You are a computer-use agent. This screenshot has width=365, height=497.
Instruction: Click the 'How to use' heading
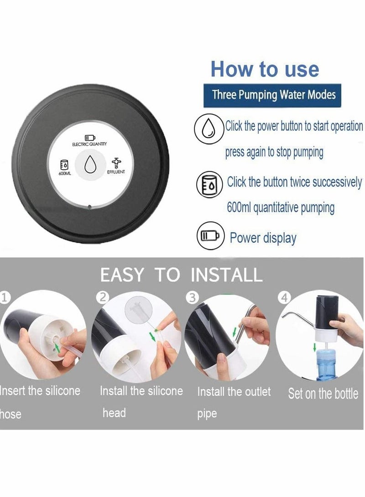[265, 69]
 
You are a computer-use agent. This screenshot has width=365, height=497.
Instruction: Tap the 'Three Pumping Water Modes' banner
[274, 95]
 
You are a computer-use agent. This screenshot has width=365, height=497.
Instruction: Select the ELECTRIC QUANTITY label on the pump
[89, 144]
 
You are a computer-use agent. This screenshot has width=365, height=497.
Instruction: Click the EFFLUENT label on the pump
[116, 172]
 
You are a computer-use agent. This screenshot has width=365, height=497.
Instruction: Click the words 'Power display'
[263, 238]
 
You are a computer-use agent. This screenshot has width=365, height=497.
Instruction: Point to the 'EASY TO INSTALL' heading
[181, 275]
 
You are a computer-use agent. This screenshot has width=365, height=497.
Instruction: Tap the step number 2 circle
[103, 298]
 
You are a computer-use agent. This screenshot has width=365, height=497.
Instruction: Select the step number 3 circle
[193, 298]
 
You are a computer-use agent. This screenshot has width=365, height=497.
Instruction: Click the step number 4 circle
[284, 298]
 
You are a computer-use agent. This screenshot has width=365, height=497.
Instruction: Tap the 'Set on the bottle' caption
[323, 394]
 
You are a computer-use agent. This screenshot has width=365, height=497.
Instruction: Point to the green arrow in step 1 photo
[57, 348]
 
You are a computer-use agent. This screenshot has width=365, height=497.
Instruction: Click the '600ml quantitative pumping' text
[281, 208]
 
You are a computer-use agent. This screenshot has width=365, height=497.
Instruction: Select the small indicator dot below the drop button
[90, 206]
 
